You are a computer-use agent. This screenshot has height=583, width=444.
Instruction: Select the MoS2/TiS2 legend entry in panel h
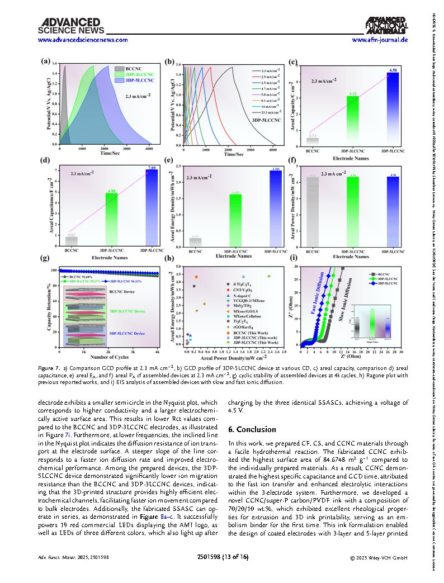click(251, 306)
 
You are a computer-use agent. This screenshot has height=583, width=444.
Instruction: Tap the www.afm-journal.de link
click(380, 40)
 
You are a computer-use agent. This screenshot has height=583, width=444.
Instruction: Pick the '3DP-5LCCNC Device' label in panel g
click(127, 333)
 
